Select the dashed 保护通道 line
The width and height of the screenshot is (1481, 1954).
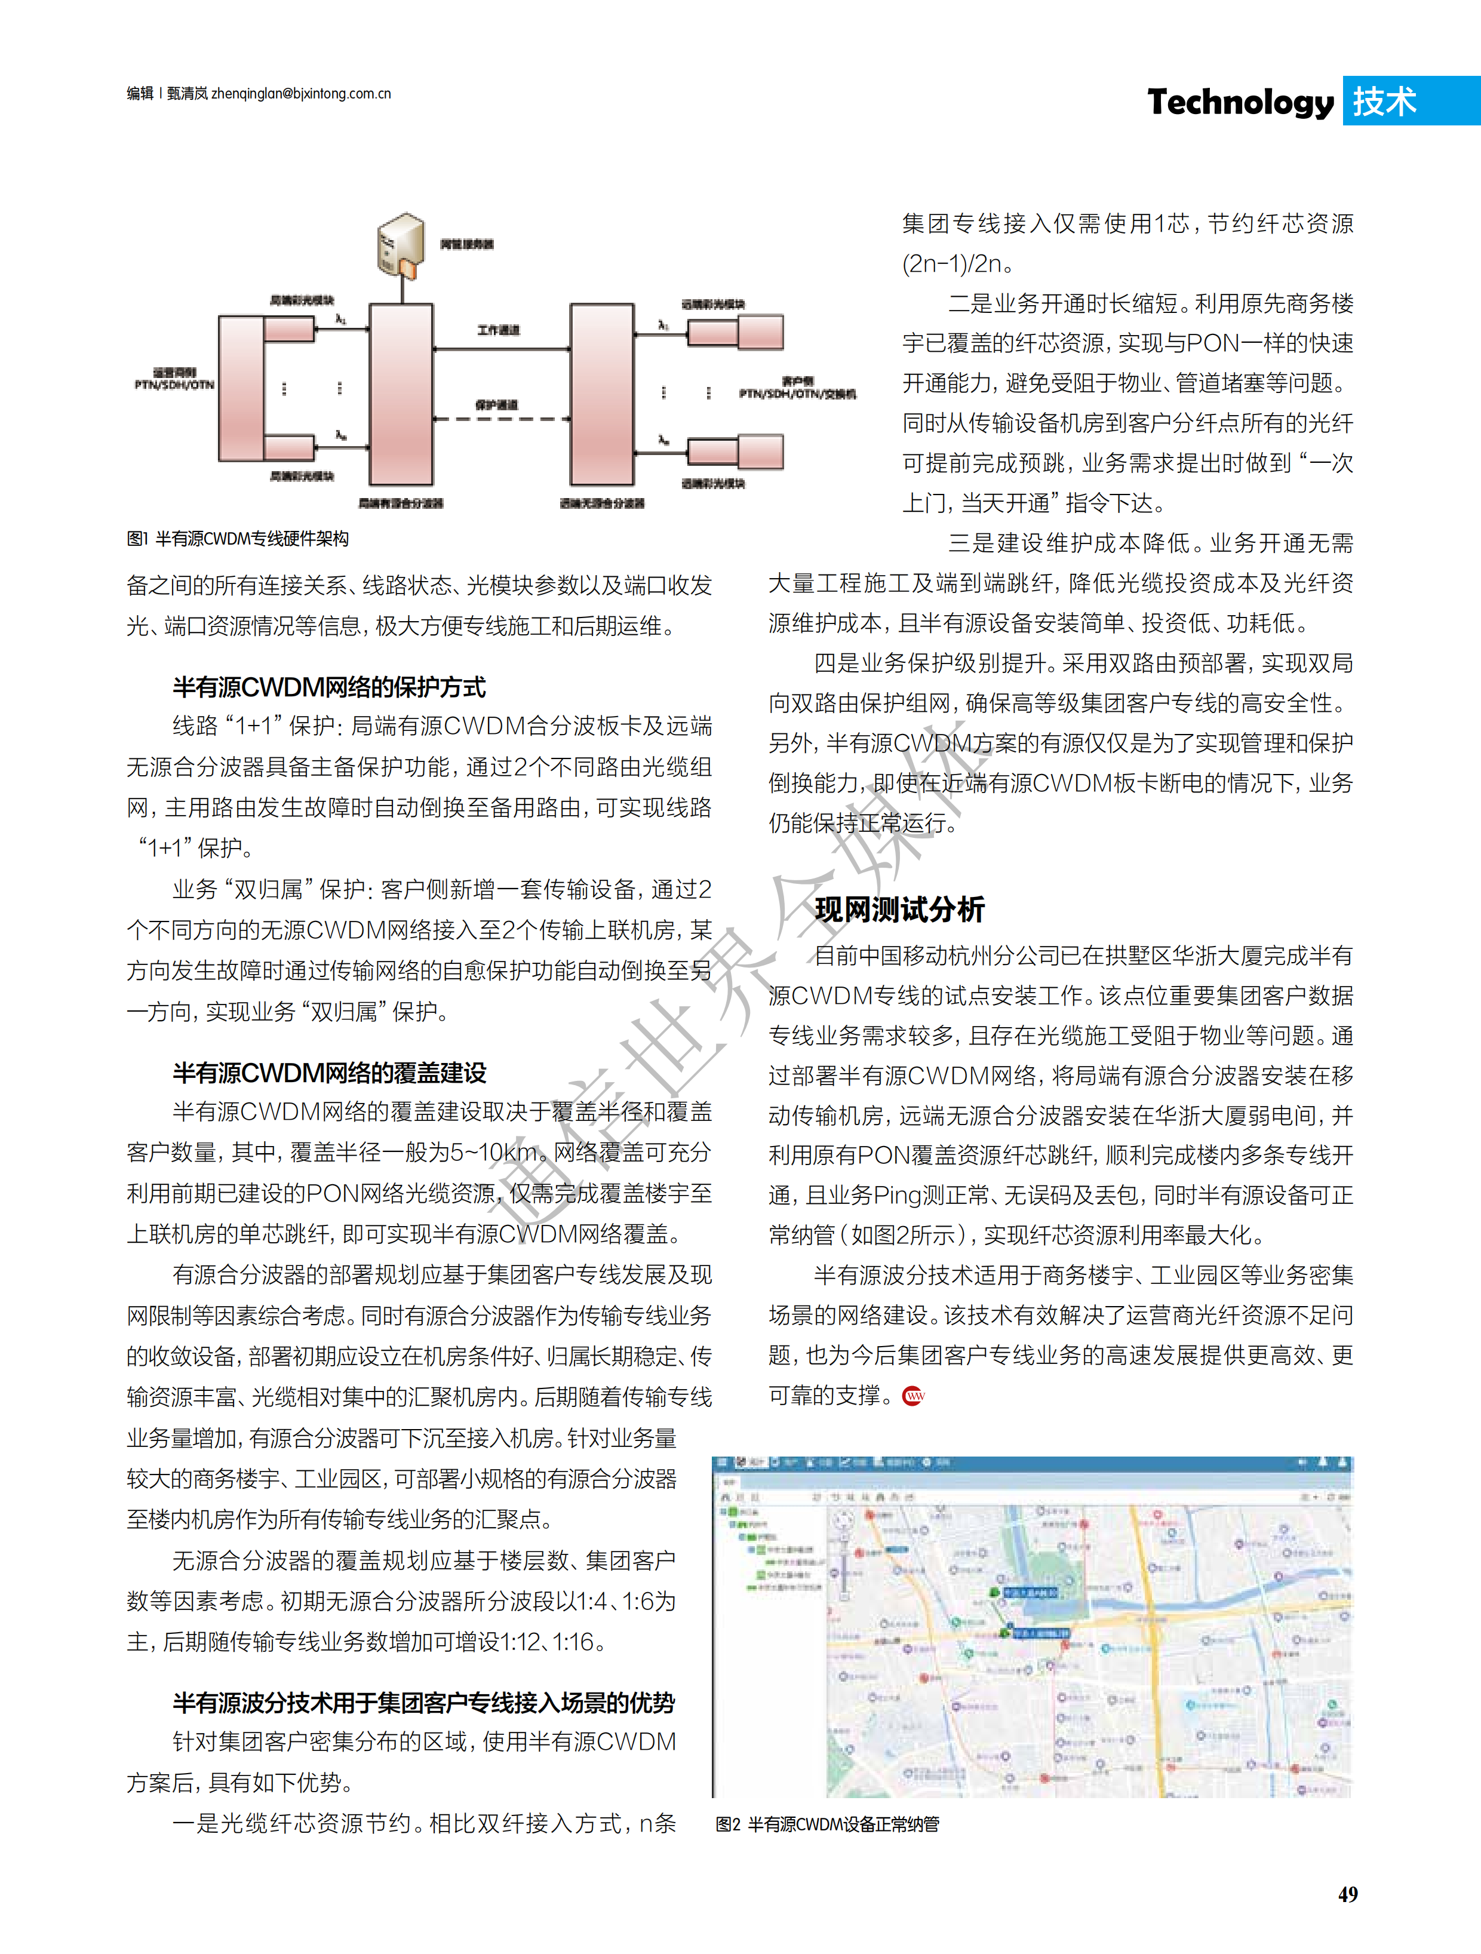point(500,419)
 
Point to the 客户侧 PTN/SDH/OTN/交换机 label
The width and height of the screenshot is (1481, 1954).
point(797,389)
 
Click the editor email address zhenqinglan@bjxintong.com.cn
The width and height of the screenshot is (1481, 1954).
point(300,94)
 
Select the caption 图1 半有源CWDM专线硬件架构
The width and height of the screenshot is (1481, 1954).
point(238,539)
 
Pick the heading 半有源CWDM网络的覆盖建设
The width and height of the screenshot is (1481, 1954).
point(330,1073)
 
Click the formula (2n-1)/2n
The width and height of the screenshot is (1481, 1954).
point(952,264)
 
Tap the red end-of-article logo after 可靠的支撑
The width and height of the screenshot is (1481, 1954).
point(913,1397)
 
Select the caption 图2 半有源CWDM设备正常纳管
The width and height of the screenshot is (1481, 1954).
point(828,1824)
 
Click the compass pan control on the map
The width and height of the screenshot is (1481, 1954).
point(845,1521)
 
